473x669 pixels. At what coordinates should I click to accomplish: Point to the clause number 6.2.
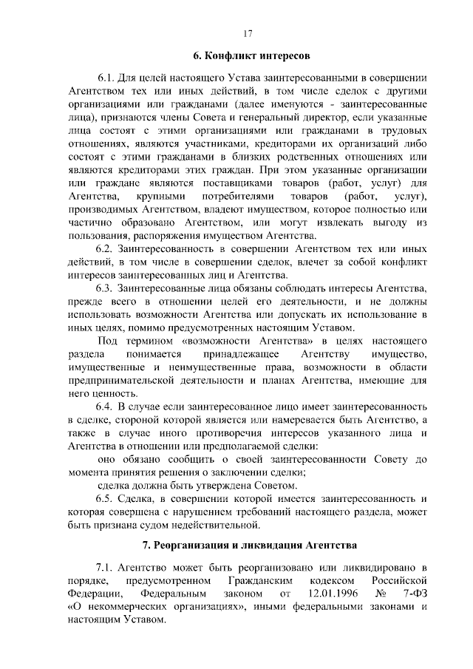tap(106, 249)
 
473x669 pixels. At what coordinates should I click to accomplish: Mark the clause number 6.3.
tap(106, 289)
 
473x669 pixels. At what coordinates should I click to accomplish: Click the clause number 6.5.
tap(106, 499)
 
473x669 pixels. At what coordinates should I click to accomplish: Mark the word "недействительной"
tap(215, 526)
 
